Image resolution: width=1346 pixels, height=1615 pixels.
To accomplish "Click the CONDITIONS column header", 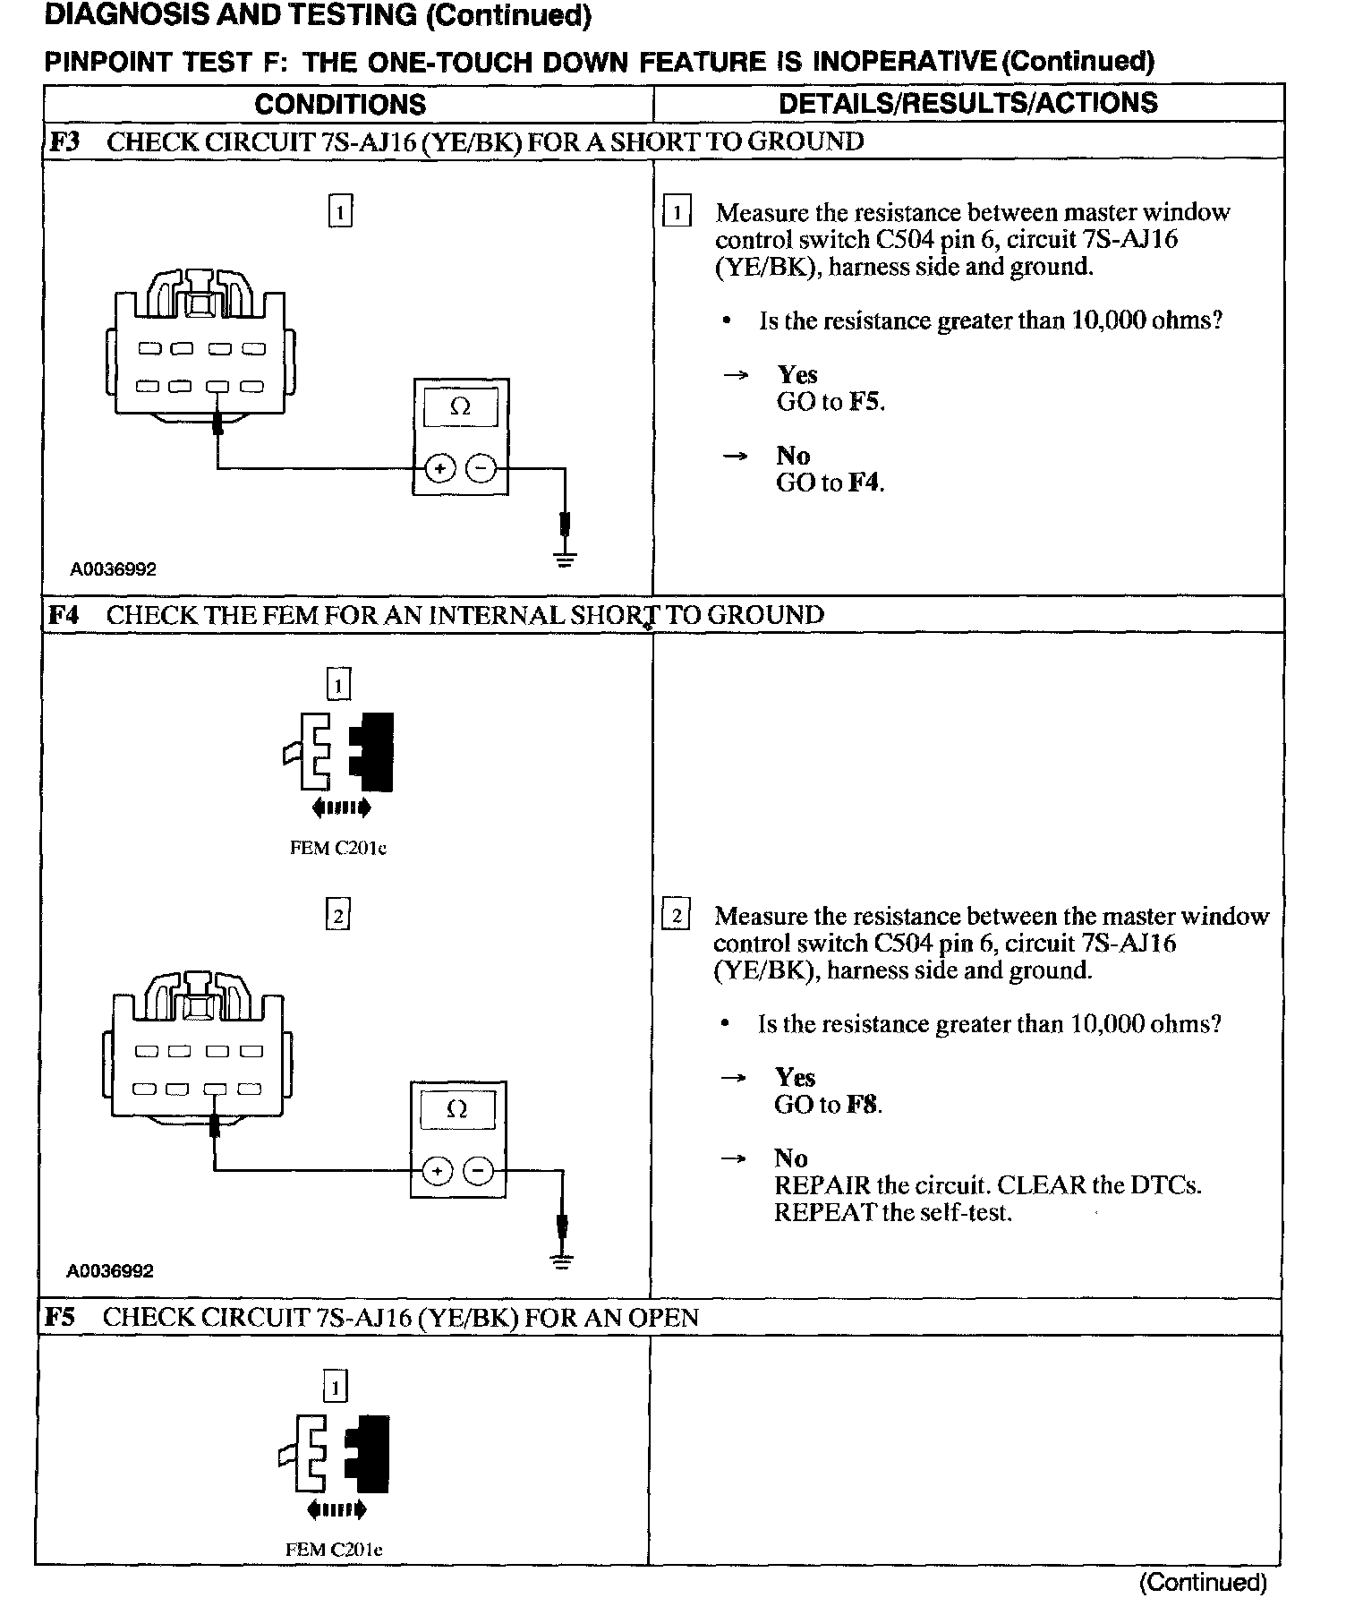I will coord(340,104).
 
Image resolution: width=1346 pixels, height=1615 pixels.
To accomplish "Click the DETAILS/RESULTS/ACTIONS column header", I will coord(967,103).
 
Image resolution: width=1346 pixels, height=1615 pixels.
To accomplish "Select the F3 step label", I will coord(63,141).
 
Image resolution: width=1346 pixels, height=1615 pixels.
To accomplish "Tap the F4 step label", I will coord(63,615).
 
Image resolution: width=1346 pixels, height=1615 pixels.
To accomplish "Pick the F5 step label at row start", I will coord(61,1317).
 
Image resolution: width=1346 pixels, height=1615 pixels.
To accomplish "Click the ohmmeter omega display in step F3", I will coord(460,407).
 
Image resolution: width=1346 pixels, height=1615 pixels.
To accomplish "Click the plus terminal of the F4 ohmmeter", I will coord(436,1171).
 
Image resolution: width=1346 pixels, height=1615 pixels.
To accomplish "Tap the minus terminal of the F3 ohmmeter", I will coord(482,468).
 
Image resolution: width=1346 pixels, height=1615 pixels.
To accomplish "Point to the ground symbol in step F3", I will coord(565,560).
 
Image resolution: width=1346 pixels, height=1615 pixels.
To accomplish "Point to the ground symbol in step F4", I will coord(561,1262).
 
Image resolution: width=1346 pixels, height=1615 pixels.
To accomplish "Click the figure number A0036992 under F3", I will coord(114,569).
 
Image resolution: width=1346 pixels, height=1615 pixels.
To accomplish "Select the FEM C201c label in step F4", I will coord(338,848).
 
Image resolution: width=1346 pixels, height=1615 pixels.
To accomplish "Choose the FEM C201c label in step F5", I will coord(334,1550).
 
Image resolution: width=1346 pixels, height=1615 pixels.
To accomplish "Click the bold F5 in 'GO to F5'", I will coord(865,402).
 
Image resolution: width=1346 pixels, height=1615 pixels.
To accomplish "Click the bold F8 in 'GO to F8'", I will coord(863,1105).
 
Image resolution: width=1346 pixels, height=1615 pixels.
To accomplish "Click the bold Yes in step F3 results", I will coord(797,374).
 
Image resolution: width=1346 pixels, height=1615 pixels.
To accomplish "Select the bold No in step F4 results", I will coord(791,1158).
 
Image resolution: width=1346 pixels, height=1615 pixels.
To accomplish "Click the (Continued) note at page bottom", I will coord(1202,1582).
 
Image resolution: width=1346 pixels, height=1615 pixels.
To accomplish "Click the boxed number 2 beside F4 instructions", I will coord(676,916).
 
